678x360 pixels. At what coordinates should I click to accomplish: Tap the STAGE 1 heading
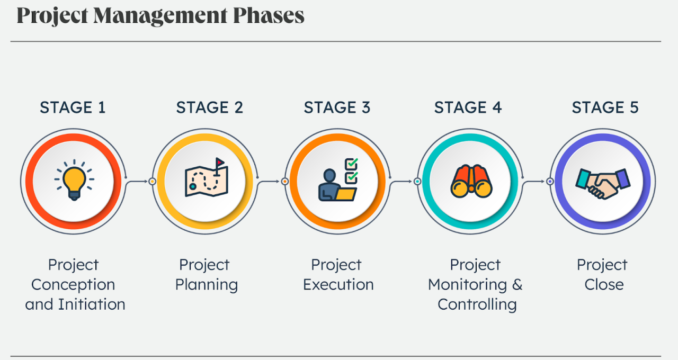tap(73, 107)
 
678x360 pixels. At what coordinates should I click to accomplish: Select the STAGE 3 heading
tap(337, 107)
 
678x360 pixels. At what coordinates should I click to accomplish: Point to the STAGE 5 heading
tap(605, 107)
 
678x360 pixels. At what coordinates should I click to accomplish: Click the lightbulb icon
tap(74, 180)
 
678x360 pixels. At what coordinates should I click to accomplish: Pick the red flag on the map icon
tap(219, 162)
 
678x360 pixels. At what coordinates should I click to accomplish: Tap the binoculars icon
tap(471, 181)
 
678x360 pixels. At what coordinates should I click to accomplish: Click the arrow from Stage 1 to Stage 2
tap(139, 182)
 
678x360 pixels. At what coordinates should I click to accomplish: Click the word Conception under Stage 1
tap(73, 284)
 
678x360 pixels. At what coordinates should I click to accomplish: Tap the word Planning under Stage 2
tap(207, 284)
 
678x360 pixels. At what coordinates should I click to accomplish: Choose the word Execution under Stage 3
tap(338, 284)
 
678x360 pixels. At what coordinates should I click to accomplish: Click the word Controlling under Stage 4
tap(477, 304)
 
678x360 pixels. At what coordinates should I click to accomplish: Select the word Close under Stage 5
tap(604, 284)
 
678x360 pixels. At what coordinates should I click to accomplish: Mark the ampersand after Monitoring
tap(517, 284)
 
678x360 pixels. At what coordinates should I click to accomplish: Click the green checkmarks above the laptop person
tap(351, 169)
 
